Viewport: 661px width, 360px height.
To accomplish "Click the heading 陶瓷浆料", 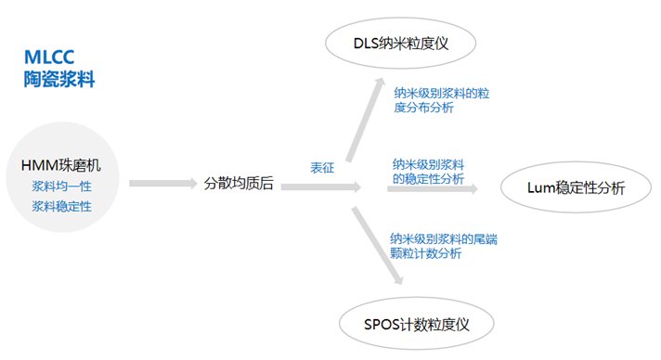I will (x=59, y=81).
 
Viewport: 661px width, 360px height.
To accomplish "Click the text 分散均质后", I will (x=239, y=184).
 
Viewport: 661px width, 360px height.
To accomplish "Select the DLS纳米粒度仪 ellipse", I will (x=401, y=44).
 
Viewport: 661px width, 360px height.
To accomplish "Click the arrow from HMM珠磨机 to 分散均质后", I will (x=163, y=184).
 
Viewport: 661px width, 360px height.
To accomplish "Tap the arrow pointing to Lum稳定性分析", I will (x=433, y=188).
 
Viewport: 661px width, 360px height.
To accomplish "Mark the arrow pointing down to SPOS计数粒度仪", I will (x=379, y=246).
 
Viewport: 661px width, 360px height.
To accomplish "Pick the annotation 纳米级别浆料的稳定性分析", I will (x=428, y=171).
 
